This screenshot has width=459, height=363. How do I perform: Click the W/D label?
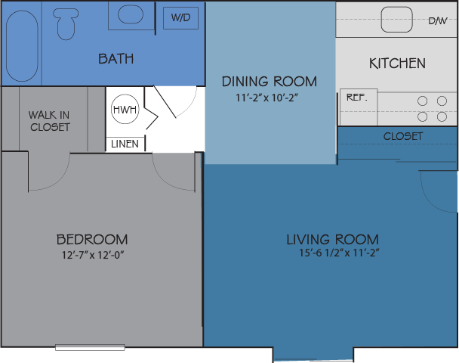[x=180, y=17]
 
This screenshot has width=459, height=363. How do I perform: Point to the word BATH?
[x=116, y=58]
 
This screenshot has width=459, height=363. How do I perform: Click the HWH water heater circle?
[x=125, y=110]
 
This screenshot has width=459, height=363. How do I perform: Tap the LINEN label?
[x=125, y=144]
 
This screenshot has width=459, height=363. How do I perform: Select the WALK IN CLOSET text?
[x=50, y=121]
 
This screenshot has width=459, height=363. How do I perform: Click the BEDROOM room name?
[x=92, y=239]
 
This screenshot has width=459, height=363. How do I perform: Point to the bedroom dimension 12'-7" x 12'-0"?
[x=92, y=255]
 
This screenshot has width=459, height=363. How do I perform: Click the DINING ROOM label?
[x=269, y=82]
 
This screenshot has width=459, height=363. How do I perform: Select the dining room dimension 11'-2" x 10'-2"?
[x=269, y=98]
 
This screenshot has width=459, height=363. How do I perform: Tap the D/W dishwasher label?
[x=437, y=21]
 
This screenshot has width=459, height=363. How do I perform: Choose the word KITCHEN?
[x=397, y=64]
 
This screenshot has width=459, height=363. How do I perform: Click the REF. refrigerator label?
[x=356, y=98]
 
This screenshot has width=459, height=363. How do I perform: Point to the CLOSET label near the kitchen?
[x=403, y=136]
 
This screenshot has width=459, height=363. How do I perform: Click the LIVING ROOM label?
[x=332, y=239]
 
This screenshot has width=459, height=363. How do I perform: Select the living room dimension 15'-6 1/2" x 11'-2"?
[x=338, y=253]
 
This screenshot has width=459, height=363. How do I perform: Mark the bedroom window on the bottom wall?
[x=90, y=348]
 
